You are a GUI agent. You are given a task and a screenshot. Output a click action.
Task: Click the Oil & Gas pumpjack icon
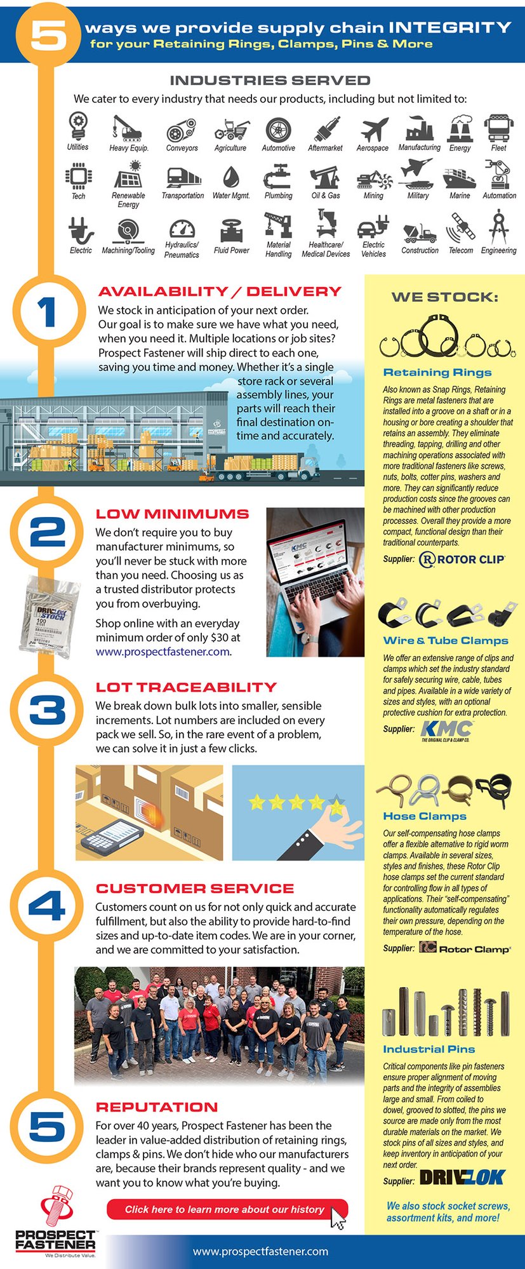tap(325, 177)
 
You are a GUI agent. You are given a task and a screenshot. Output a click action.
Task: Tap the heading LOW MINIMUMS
tap(172, 514)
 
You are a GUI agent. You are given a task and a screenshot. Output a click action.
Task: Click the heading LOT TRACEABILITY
tap(186, 687)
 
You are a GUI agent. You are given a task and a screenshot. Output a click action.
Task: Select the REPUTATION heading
tap(157, 1107)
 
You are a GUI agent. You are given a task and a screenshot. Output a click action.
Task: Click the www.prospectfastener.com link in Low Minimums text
tap(163, 652)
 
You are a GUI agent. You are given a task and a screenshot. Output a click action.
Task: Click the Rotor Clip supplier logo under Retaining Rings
tap(462, 560)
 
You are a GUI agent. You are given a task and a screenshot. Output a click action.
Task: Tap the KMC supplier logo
tap(446, 730)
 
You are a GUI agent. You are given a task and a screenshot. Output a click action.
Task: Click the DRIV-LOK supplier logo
tap(462, 1178)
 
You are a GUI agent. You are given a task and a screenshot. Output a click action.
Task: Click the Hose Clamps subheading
tap(425, 816)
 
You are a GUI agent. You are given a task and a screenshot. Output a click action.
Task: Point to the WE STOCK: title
tap(444, 297)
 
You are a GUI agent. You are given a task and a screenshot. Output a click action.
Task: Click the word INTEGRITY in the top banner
tap(449, 27)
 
